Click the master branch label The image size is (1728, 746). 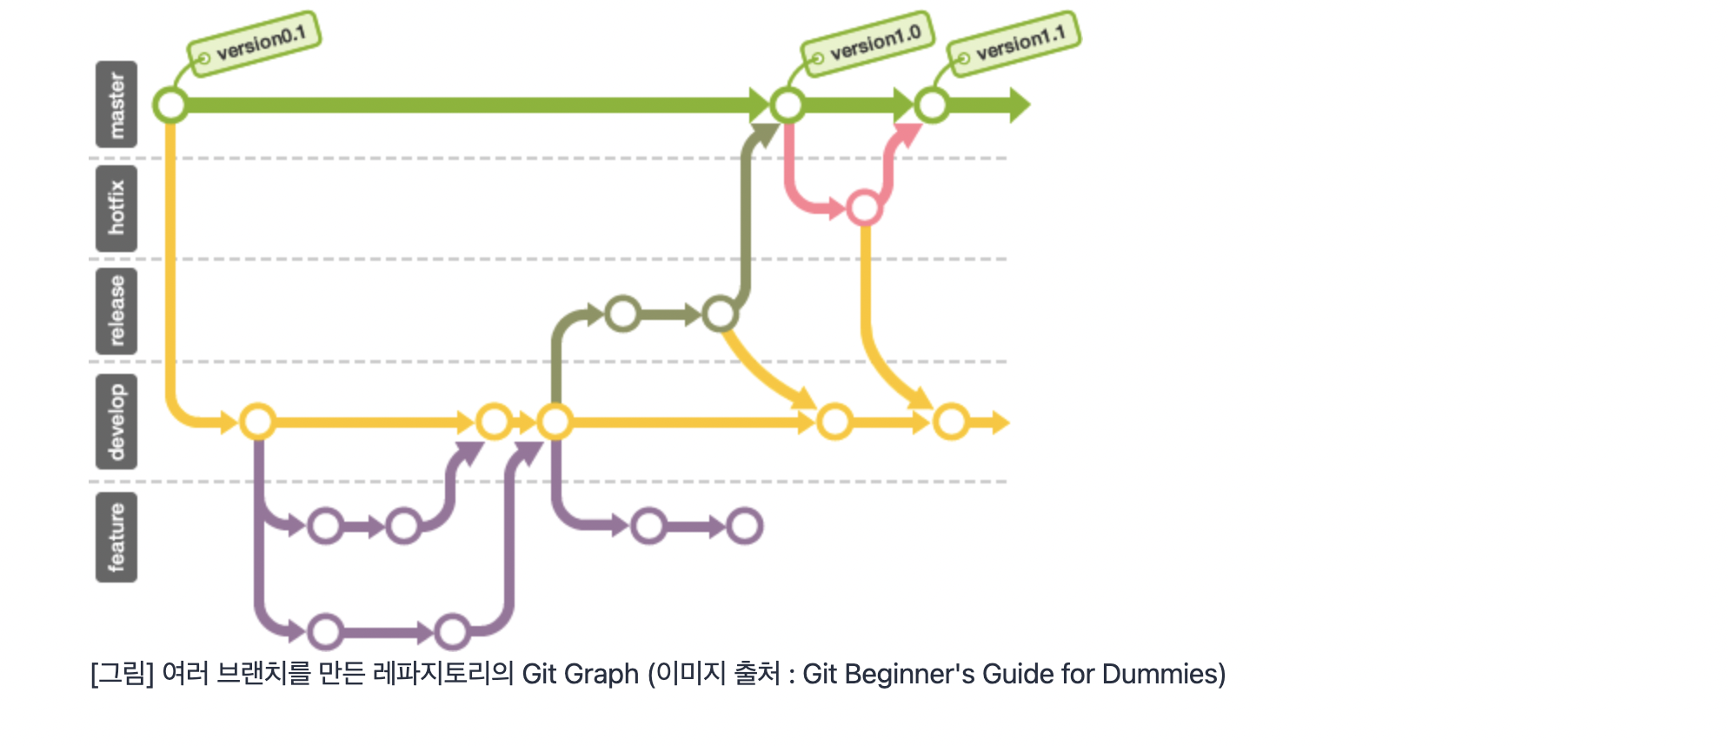116,105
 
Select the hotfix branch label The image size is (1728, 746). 116,208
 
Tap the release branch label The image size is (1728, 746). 116,310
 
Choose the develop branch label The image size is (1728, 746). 116,422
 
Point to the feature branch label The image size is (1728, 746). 116,536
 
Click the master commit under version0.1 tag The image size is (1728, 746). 170,105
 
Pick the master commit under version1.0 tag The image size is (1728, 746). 788,105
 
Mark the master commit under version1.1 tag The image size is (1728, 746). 932,105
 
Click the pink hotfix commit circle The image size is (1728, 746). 864,208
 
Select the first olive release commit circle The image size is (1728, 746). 623,314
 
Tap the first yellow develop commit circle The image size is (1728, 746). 257,423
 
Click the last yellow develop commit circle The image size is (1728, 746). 952,423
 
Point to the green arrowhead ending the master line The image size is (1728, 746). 1019,105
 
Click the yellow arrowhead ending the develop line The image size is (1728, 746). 1000,423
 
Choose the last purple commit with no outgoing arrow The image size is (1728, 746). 745,526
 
